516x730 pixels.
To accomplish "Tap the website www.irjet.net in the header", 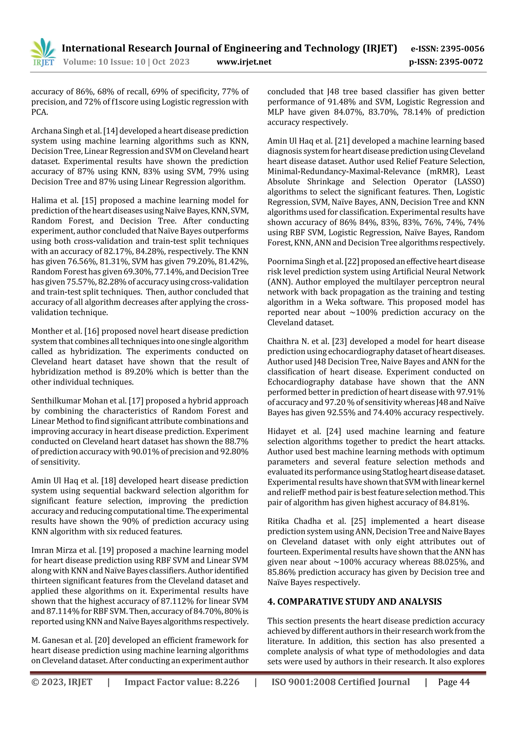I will pos(244,62).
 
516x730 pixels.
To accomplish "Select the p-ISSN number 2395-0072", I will pos(461,62).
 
